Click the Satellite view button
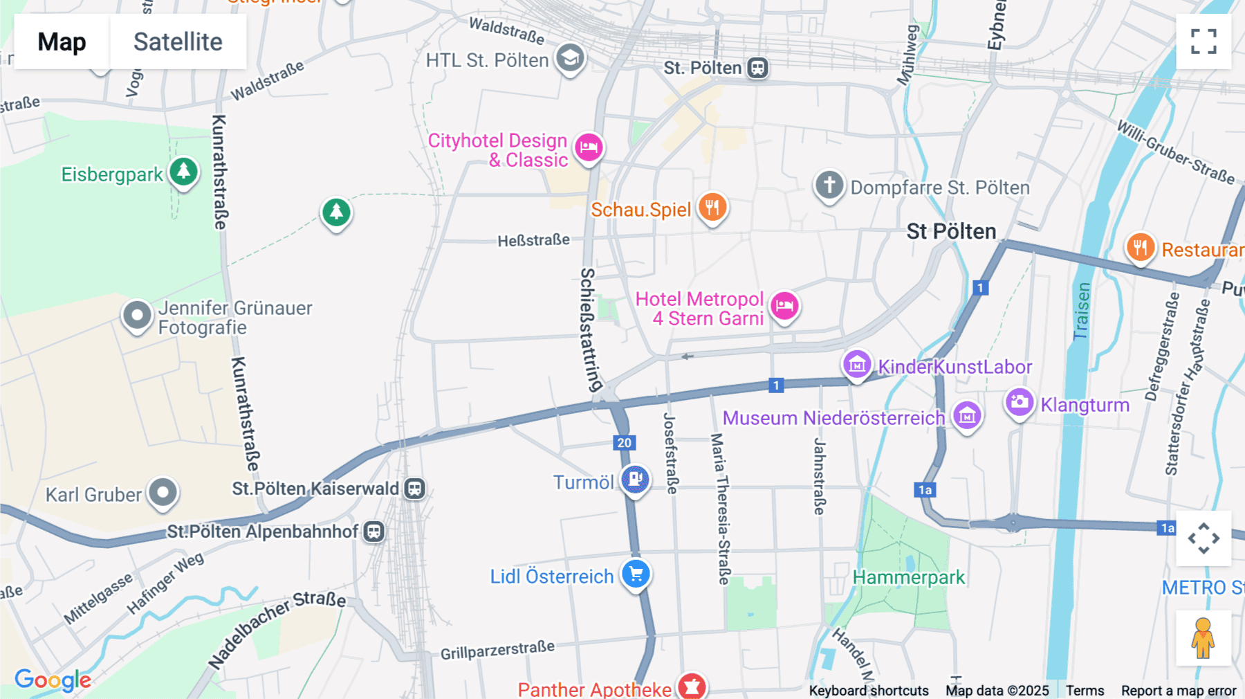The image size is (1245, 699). tap(178, 42)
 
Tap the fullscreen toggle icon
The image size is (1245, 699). tap(1203, 42)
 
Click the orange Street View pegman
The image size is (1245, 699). tap(1203, 638)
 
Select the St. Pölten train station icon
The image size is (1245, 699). tap(758, 68)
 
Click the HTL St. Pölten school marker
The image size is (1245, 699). tap(570, 58)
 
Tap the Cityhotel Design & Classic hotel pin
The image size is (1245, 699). tap(589, 147)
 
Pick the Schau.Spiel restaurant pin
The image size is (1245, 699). tap(712, 206)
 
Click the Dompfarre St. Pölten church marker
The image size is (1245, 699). tap(829, 185)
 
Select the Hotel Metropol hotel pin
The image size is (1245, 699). tap(784, 305)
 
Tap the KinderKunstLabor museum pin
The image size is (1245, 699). tap(857, 363)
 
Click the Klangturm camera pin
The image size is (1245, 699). tap(1019, 402)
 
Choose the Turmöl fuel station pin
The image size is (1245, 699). tap(635, 478)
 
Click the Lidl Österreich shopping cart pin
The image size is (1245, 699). tap(636, 574)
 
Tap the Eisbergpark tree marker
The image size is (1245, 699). tap(183, 171)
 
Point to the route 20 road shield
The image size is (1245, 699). tap(624, 443)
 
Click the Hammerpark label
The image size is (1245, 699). tap(908, 577)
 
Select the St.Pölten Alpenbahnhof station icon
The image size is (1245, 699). tap(374, 532)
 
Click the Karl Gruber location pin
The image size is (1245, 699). tap(163, 493)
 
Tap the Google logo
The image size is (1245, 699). tap(53, 680)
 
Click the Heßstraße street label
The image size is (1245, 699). tap(533, 240)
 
